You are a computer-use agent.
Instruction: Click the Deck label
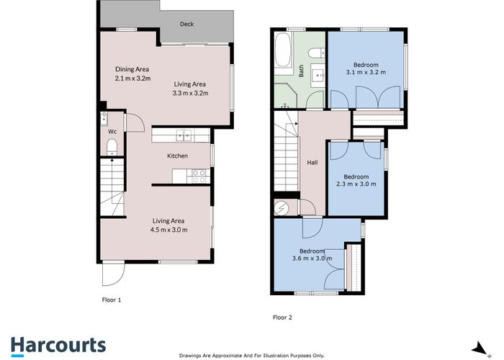(x=186, y=24)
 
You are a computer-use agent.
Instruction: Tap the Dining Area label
(x=132, y=69)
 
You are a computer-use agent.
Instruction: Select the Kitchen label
(x=177, y=156)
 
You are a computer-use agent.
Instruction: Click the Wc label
(x=112, y=132)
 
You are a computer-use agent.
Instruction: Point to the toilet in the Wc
(x=112, y=147)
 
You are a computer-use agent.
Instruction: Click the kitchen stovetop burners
(x=198, y=176)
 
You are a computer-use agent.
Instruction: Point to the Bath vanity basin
(x=318, y=75)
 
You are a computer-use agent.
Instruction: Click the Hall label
(x=312, y=163)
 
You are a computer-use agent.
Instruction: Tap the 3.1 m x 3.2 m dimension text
(x=366, y=72)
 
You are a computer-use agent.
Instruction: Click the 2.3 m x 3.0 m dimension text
(x=356, y=184)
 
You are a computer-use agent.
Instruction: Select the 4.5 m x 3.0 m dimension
(x=168, y=230)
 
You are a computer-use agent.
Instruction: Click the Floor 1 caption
(x=112, y=300)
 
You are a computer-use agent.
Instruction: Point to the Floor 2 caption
(x=282, y=318)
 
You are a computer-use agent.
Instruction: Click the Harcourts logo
(x=58, y=346)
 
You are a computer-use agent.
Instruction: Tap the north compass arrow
(x=480, y=348)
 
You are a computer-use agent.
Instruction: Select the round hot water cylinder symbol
(x=282, y=209)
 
